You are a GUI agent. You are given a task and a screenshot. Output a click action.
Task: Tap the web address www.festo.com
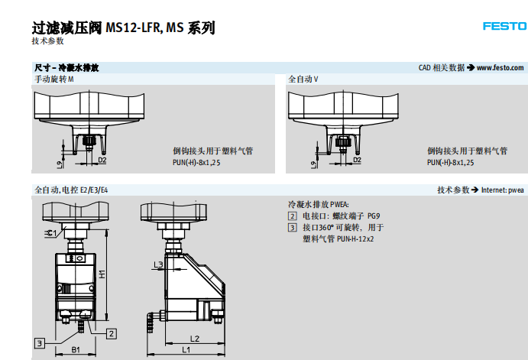click(500, 68)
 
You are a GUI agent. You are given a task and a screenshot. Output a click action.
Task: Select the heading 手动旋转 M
click(54, 79)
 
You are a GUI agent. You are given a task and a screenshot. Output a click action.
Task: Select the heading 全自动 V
click(303, 79)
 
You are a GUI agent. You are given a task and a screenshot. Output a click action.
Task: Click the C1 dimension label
click(51, 232)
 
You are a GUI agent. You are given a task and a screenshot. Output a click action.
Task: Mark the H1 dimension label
click(102, 272)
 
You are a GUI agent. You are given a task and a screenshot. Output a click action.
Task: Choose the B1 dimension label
click(76, 349)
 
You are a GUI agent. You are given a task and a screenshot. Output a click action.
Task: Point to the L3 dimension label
click(158, 264)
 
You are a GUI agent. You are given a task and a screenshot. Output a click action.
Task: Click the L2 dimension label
click(194, 338)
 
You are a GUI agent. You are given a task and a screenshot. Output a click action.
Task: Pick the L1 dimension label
click(186, 349)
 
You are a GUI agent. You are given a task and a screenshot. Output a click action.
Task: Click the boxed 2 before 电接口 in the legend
click(292, 216)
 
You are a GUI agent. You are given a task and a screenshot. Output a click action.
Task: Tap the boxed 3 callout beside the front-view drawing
click(39, 342)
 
